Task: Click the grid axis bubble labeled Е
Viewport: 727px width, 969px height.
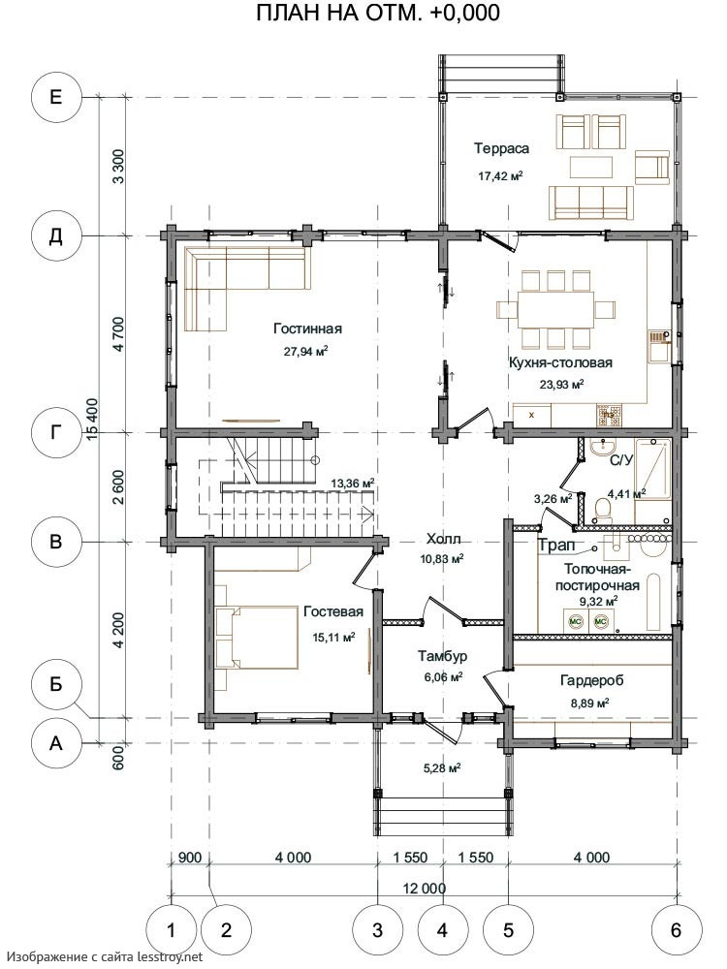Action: (56, 97)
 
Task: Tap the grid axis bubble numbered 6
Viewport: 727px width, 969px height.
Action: (677, 929)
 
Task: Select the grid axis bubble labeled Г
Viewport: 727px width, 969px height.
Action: (56, 432)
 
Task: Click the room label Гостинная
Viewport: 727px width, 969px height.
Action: (308, 328)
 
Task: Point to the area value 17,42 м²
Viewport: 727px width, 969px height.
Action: (501, 175)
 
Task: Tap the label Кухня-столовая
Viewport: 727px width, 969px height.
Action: (560, 362)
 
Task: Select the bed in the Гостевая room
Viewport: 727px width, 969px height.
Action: (257, 638)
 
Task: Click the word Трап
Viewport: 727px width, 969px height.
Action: (556, 545)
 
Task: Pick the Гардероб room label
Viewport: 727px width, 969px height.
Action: (591, 680)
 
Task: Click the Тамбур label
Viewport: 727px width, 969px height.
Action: (442, 656)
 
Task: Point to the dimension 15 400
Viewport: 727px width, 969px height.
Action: (93, 420)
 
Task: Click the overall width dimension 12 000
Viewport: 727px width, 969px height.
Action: (425, 889)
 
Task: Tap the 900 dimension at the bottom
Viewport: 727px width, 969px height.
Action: (190, 858)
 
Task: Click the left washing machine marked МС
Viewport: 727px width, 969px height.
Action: (575, 620)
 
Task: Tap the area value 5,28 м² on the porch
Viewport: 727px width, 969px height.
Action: (442, 768)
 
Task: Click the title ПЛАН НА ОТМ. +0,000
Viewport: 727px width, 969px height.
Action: (378, 13)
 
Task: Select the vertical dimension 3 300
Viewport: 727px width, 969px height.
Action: (118, 166)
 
